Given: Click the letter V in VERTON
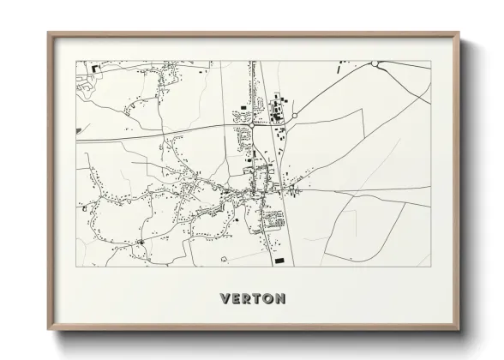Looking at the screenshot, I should [x=225, y=299].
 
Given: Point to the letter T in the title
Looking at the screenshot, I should [x=258, y=299].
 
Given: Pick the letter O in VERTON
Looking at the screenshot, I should [x=269, y=299].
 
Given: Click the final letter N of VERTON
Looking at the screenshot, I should [x=281, y=299].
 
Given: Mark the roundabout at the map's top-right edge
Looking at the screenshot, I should [x=375, y=63].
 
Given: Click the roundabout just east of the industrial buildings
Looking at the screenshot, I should [x=295, y=116].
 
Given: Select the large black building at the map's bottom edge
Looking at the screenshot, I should [x=279, y=260].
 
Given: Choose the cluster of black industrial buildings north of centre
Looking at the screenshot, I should [x=276, y=110].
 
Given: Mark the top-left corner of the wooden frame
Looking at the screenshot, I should [x=48, y=33].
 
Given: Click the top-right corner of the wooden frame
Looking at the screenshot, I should [x=460, y=33].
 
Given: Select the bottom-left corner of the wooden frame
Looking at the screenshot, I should [x=48, y=329].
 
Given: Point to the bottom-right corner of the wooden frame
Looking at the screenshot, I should [x=460, y=329].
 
